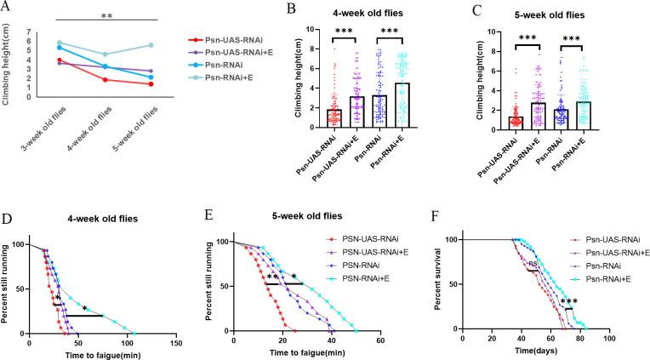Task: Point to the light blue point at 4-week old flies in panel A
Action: click(105, 54)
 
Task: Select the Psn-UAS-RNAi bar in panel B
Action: click(334, 117)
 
